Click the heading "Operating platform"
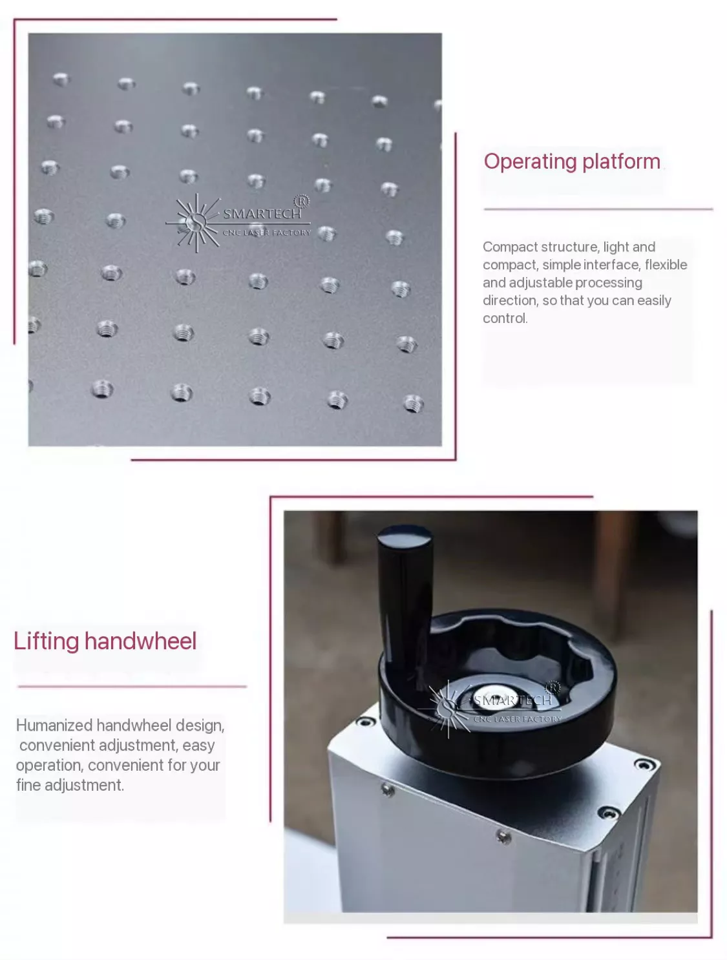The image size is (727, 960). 572,162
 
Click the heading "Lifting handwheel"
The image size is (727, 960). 105,641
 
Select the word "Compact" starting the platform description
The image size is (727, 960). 510,247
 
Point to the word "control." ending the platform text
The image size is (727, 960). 505,318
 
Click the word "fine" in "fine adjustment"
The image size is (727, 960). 28,785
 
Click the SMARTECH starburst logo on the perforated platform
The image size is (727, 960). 193,223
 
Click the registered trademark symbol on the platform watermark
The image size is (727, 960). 301,201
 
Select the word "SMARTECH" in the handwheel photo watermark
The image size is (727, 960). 512,700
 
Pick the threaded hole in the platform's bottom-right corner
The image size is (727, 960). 413,403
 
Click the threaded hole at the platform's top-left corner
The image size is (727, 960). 60,79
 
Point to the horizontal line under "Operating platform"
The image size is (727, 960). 598,209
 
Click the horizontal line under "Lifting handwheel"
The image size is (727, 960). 132,687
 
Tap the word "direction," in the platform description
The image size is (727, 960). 511,300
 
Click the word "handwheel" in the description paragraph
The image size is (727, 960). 134,725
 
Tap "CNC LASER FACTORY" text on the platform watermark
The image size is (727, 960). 266,233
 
